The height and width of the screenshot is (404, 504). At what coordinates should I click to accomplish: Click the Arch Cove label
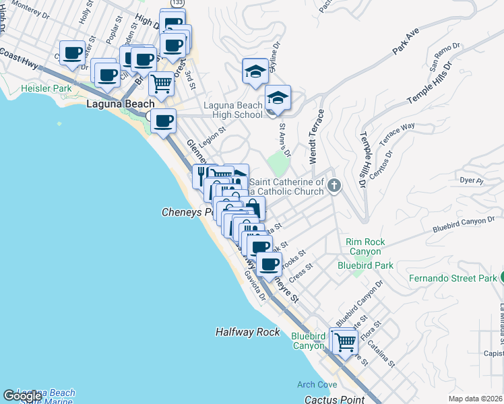316,384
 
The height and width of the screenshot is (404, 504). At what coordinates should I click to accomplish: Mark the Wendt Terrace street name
316,137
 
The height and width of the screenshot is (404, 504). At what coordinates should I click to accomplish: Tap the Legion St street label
211,138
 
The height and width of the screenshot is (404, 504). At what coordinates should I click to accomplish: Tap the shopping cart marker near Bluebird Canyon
345,341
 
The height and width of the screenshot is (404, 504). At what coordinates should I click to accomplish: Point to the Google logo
22,396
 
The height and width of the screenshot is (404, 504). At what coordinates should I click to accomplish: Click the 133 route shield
177,3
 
